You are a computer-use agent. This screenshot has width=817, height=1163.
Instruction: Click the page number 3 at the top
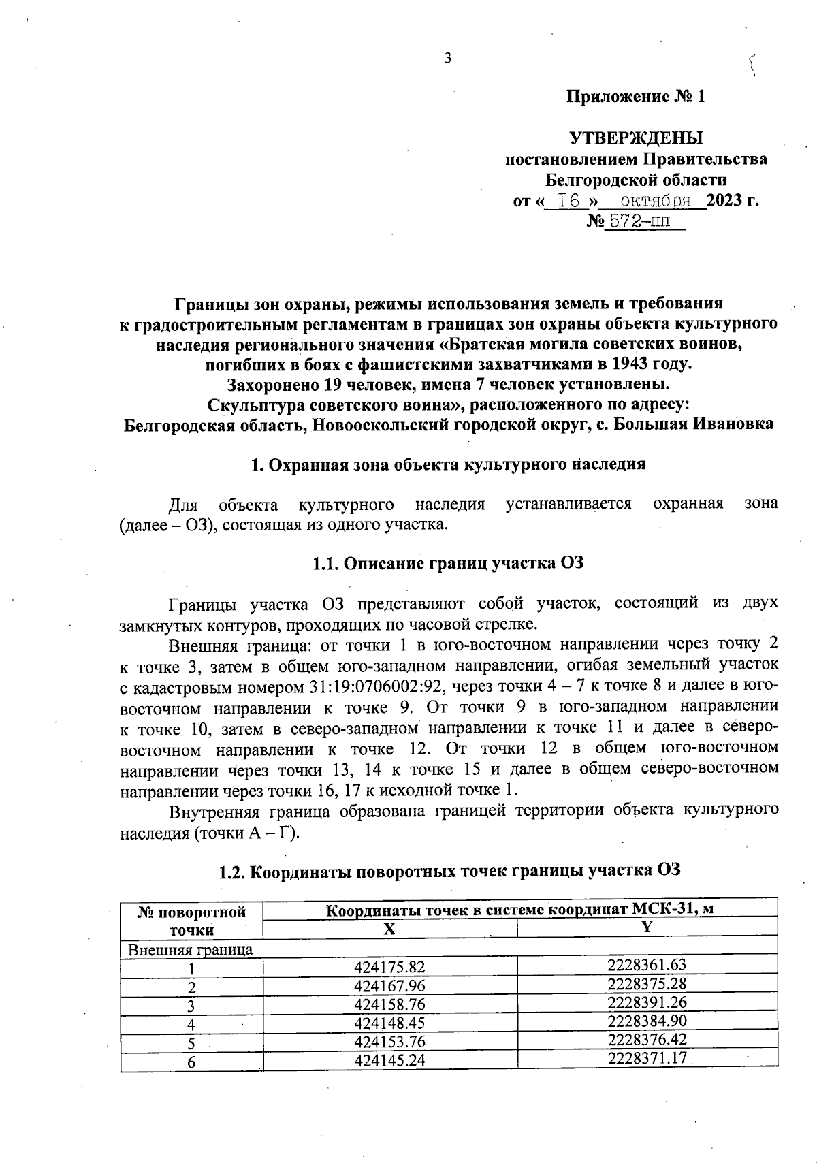(x=448, y=59)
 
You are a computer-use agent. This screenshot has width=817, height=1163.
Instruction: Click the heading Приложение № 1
(x=636, y=97)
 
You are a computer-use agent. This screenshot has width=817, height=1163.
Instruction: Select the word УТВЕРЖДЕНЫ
(x=636, y=138)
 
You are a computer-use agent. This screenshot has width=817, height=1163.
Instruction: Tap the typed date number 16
(x=568, y=201)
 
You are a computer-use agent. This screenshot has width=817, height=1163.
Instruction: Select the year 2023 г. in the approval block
(x=733, y=201)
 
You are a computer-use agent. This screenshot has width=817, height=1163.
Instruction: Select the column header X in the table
(x=389, y=929)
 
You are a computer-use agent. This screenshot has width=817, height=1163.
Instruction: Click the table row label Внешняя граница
(x=191, y=949)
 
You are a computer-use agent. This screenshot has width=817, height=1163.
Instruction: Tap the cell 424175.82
(x=389, y=967)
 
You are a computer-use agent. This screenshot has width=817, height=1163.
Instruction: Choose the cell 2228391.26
(x=647, y=1002)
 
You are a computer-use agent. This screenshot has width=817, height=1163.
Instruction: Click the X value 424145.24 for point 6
(x=389, y=1060)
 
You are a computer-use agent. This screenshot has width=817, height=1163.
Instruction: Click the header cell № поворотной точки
(x=191, y=921)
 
